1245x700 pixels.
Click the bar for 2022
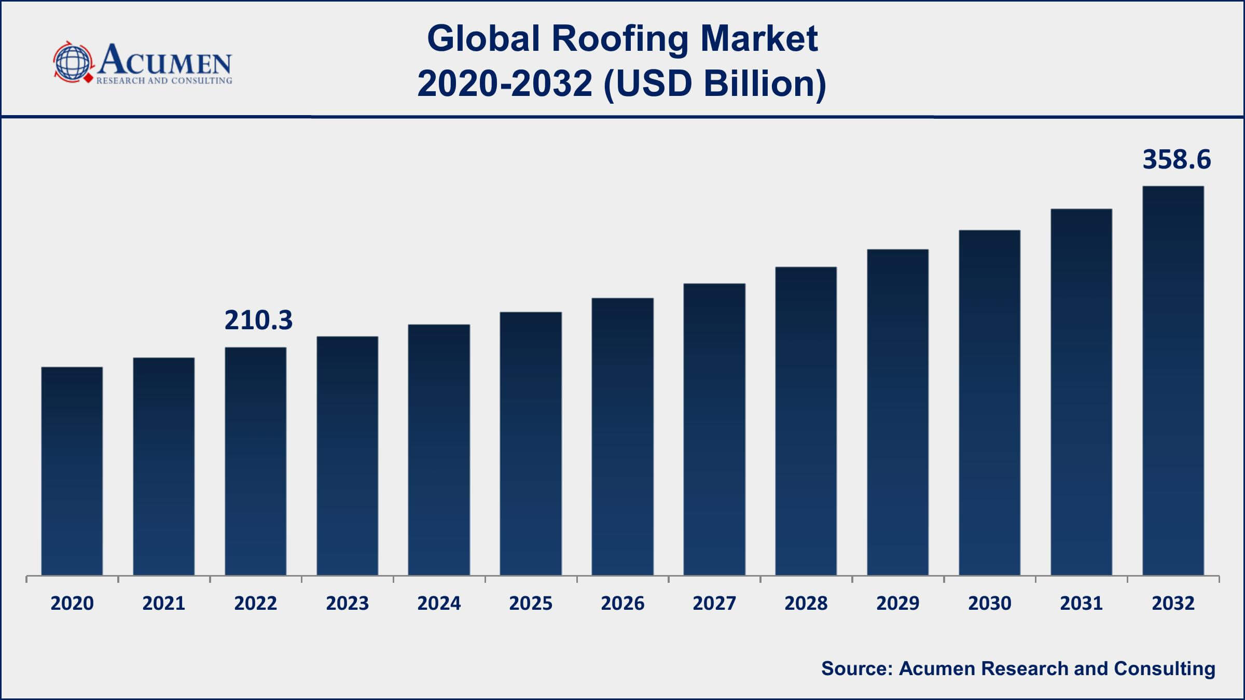255,461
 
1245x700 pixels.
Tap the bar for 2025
531,443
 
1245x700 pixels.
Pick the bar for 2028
806,421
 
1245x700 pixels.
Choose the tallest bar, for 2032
1173,381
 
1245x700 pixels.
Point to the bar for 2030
989,402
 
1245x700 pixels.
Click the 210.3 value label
258,320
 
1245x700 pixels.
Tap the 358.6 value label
1177,160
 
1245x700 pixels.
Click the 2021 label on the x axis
163,603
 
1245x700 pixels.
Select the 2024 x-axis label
439,603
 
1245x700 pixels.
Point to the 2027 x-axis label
714,603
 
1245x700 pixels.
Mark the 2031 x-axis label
1081,603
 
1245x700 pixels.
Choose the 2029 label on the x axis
897,603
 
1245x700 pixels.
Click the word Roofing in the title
619,39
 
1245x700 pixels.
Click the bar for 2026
622,436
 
